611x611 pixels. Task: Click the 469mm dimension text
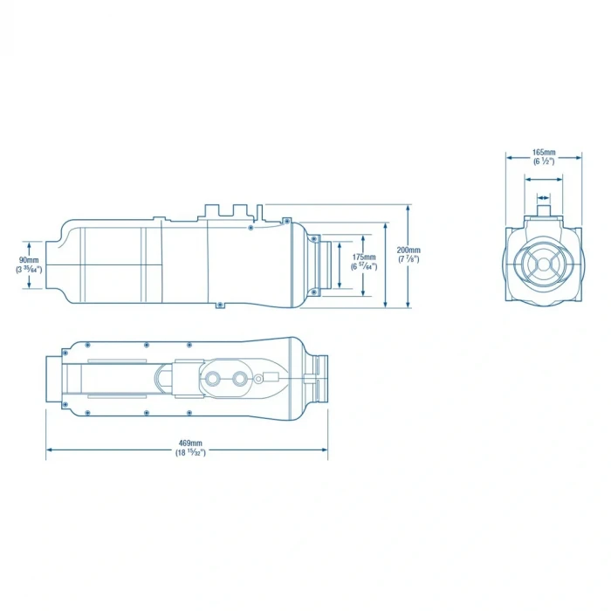coord(188,443)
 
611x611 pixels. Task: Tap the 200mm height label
coord(408,251)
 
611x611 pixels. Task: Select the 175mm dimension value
coord(364,257)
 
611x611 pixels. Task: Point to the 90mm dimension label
coord(29,261)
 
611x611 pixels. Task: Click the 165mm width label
coord(544,153)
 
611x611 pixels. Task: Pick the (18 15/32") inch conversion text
coord(188,452)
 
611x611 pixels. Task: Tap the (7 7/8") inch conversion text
coord(408,260)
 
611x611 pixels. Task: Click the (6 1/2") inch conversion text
coord(544,162)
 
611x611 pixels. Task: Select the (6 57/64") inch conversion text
coord(364,266)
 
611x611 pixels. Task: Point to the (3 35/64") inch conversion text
coord(29,271)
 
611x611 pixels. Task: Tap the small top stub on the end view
coord(544,209)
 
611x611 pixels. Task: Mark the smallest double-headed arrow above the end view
coord(544,197)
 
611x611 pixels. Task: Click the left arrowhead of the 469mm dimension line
coord(49,450)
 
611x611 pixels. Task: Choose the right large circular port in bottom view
coord(238,381)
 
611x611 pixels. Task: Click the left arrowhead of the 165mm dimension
coord(509,158)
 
